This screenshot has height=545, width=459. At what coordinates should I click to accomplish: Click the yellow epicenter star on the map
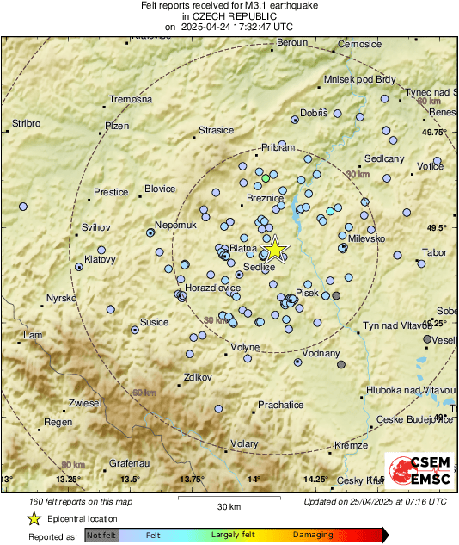[x=274, y=250]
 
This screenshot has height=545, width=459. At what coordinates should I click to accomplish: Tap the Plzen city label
[x=116, y=126]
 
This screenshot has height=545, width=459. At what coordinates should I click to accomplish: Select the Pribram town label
[x=278, y=147]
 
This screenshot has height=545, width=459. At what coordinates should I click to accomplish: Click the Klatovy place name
[x=101, y=258]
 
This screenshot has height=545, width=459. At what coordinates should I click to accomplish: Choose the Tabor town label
[x=434, y=252]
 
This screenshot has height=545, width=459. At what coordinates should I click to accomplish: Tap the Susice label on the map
[x=155, y=322]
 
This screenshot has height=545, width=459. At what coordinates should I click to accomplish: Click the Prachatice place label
[x=281, y=405]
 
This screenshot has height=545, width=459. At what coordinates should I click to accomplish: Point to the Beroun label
[x=292, y=43]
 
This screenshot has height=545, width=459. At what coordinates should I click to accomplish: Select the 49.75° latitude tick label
[x=434, y=132]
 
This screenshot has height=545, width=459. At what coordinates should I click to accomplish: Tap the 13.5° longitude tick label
[x=129, y=479]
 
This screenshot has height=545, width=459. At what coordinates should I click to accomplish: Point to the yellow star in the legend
[x=34, y=518]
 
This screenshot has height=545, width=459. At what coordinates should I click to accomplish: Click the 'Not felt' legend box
[x=102, y=535]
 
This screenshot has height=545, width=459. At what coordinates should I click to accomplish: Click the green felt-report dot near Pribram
[x=266, y=179]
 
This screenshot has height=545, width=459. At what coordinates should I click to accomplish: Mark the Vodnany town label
[x=321, y=353]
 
